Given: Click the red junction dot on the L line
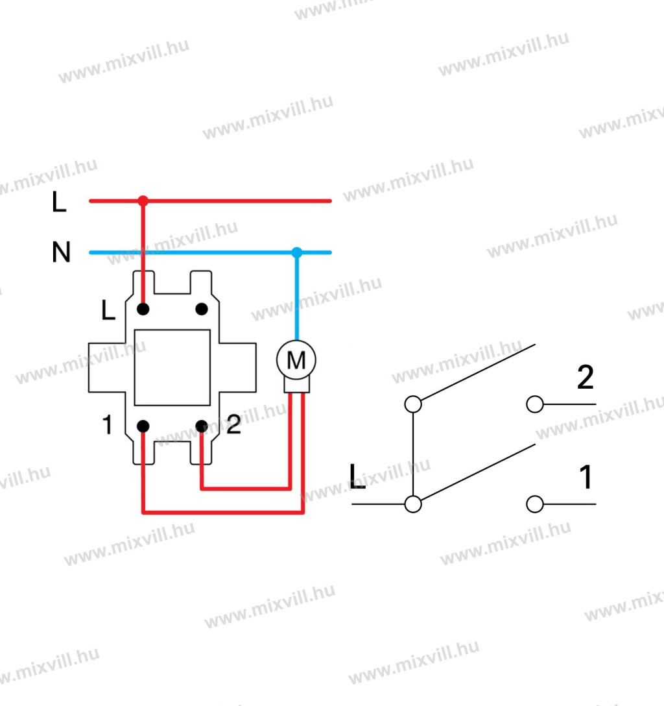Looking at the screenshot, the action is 143,201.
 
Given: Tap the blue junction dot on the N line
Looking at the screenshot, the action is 297,252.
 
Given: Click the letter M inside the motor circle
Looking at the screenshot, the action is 296,360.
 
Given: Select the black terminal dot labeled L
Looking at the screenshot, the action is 143,310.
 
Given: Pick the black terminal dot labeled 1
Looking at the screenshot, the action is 143,426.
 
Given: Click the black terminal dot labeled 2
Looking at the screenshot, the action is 202,426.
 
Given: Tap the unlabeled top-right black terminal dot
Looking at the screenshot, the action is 202,310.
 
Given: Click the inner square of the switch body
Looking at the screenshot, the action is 172,367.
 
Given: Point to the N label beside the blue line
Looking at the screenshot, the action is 61,252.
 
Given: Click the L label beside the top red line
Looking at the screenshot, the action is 59,201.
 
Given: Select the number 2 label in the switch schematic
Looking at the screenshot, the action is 586,377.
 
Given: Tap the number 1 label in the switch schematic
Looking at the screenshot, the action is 586,477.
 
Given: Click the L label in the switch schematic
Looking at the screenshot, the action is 357,476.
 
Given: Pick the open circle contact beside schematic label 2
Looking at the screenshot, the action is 535,404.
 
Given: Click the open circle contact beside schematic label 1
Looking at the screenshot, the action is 535,504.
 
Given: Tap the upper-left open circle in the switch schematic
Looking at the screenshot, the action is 413,404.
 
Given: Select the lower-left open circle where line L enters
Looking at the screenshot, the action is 413,504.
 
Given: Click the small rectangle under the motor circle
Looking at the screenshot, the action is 297,385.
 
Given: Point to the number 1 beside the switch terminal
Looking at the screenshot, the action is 107,424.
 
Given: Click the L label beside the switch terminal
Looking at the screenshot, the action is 108,310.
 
